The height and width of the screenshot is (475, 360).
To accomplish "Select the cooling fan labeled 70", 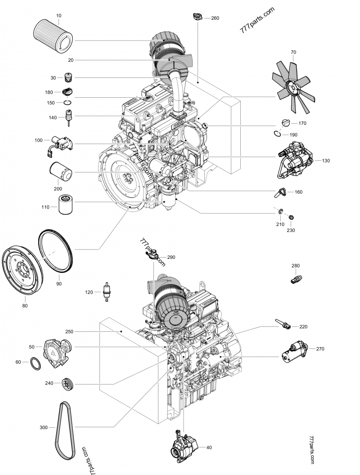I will (x=292, y=84).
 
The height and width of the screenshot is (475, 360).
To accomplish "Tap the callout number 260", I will (x=215, y=18).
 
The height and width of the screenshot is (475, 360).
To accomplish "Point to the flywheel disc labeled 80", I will (x=22, y=272).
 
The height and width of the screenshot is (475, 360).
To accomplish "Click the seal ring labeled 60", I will (x=36, y=362).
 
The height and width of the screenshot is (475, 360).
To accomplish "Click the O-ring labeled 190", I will (x=279, y=133).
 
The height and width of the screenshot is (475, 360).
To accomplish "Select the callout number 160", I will (x=298, y=192).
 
